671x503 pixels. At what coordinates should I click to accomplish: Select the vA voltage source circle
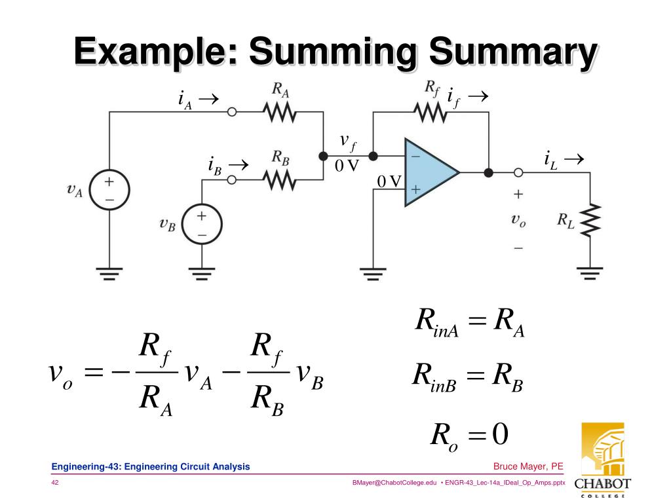(x=109, y=190)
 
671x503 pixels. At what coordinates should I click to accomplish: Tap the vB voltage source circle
(x=202, y=224)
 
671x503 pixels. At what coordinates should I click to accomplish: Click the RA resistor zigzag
(x=280, y=113)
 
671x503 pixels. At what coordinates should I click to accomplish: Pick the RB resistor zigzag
(x=280, y=179)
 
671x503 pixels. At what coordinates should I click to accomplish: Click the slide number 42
(x=56, y=483)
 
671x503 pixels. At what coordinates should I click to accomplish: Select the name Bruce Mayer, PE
(x=528, y=466)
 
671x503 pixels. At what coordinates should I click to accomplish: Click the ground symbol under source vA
(x=109, y=270)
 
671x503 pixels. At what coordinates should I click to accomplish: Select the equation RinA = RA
(x=470, y=323)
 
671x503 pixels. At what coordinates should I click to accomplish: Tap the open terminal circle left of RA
(x=231, y=113)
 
